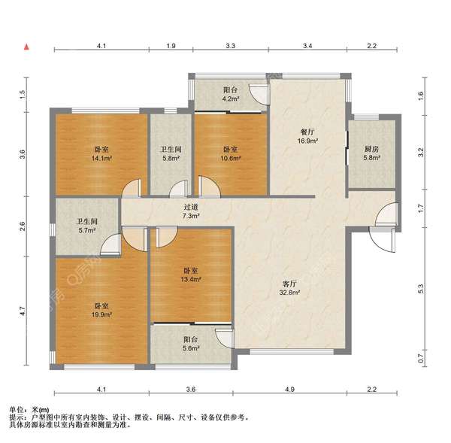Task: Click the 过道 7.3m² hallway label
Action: (189, 211)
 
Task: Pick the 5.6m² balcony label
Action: (191, 344)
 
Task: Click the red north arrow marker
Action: (26, 47)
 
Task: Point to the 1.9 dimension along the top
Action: (171, 46)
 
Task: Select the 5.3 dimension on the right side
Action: (421, 287)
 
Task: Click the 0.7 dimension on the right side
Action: (421, 363)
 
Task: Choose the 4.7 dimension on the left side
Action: (23, 310)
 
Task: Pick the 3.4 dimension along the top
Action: (307, 46)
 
